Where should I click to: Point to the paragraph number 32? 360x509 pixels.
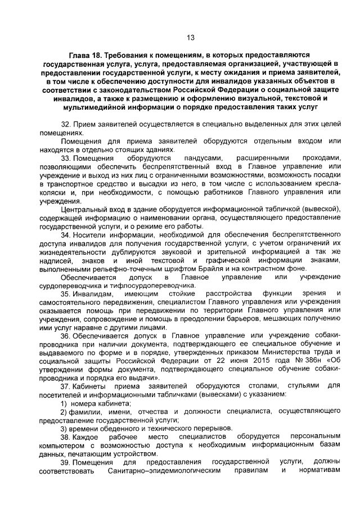point(65,123)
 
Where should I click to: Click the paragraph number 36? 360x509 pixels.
point(65,336)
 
